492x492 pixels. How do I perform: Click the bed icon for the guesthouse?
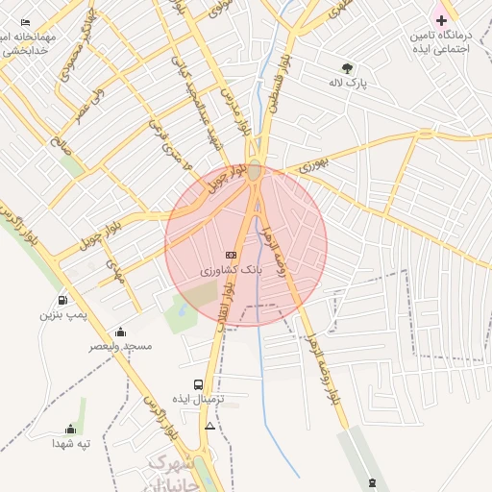[25, 22]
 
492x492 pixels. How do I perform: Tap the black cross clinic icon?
[441, 20]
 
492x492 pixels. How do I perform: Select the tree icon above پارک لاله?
[347, 68]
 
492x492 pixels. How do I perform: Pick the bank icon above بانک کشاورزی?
[230, 255]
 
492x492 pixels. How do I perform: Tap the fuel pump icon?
[63, 299]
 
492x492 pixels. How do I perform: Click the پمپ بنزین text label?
[63, 314]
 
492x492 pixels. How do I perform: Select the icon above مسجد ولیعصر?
[120, 332]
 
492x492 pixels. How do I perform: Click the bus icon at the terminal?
[199, 383]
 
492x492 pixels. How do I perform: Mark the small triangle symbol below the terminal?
[209, 425]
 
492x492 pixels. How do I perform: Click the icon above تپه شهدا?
[70, 430]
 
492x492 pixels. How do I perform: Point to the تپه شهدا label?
[70, 444]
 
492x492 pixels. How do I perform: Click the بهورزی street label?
[313, 165]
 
